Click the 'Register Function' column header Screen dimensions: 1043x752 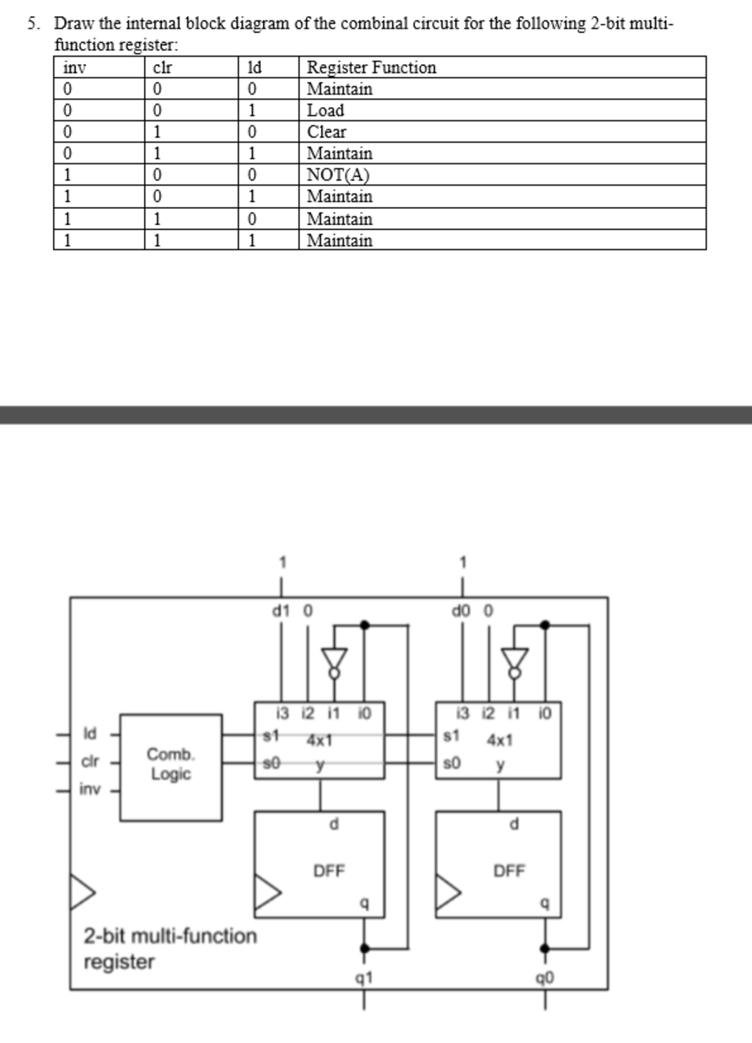pyautogui.click(x=372, y=67)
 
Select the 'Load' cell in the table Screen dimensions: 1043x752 pyautogui.click(x=325, y=110)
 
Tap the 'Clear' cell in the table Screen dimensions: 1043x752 pyautogui.click(x=326, y=132)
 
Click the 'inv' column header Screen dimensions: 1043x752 pyautogui.click(x=75, y=67)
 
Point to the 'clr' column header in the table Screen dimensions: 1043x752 pyautogui.click(x=163, y=67)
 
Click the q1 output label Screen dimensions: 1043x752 pyautogui.click(x=364, y=978)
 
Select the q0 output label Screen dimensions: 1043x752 pyautogui.click(x=544, y=978)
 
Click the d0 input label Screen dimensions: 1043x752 pyautogui.click(x=460, y=609)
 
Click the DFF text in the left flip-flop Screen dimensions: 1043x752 pyautogui.click(x=329, y=871)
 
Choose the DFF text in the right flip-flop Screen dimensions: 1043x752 pyautogui.click(x=508, y=871)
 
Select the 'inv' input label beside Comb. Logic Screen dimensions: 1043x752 pyautogui.click(x=89, y=789)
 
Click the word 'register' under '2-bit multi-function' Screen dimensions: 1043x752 pyautogui.click(x=119, y=962)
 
